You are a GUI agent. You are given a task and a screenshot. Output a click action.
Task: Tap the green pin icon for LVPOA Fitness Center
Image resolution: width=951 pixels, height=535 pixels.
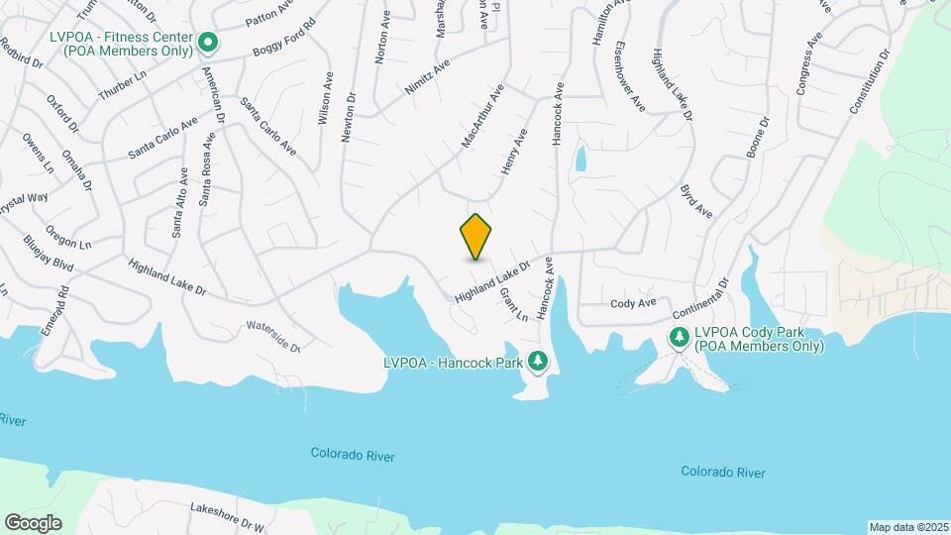click(208, 42)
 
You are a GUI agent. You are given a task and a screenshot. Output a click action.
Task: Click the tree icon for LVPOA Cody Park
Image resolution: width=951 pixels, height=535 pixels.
click(680, 338)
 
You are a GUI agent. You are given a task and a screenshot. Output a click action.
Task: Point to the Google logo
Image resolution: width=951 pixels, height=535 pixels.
click(33, 523)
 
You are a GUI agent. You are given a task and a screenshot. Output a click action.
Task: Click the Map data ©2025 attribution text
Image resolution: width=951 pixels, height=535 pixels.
click(907, 527)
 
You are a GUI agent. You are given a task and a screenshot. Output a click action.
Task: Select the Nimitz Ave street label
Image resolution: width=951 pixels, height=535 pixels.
click(428, 75)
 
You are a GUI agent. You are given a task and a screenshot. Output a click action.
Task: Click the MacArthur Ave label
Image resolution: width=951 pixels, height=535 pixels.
click(482, 117)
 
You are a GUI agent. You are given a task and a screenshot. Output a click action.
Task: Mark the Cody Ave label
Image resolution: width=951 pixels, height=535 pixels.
click(634, 303)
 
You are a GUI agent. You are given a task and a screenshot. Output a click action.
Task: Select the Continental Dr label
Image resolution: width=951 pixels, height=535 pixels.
click(700, 297)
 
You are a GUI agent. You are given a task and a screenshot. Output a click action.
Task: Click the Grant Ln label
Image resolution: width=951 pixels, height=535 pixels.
click(513, 306)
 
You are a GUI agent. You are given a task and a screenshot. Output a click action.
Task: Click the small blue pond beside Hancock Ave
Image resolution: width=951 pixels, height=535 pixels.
click(581, 159)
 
